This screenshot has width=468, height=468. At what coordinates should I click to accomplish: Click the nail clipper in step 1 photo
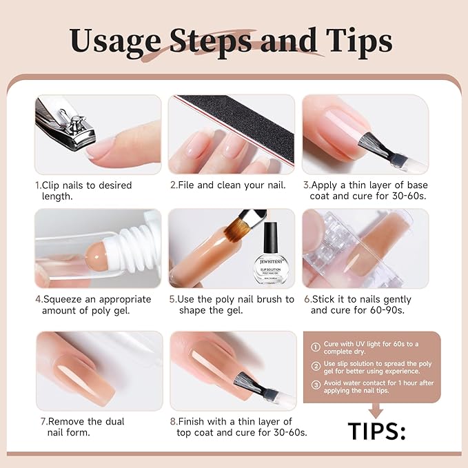click(65, 124)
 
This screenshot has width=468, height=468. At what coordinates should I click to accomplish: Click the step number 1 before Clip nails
click(38, 185)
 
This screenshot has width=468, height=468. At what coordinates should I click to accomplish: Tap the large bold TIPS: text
click(376, 431)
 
